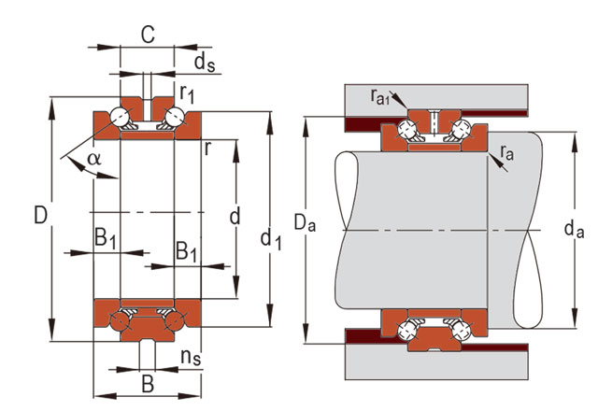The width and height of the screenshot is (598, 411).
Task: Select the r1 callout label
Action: pos(187,93)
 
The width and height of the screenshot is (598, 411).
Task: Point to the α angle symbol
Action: pos(93,158)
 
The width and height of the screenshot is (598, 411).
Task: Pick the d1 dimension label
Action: pos(272,242)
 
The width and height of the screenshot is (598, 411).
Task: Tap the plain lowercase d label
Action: pos(235,217)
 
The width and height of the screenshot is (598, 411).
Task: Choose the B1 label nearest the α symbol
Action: pos(106,238)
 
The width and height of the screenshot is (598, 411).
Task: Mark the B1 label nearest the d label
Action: pos(187,250)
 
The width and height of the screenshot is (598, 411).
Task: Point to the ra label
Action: pos(507,152)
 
